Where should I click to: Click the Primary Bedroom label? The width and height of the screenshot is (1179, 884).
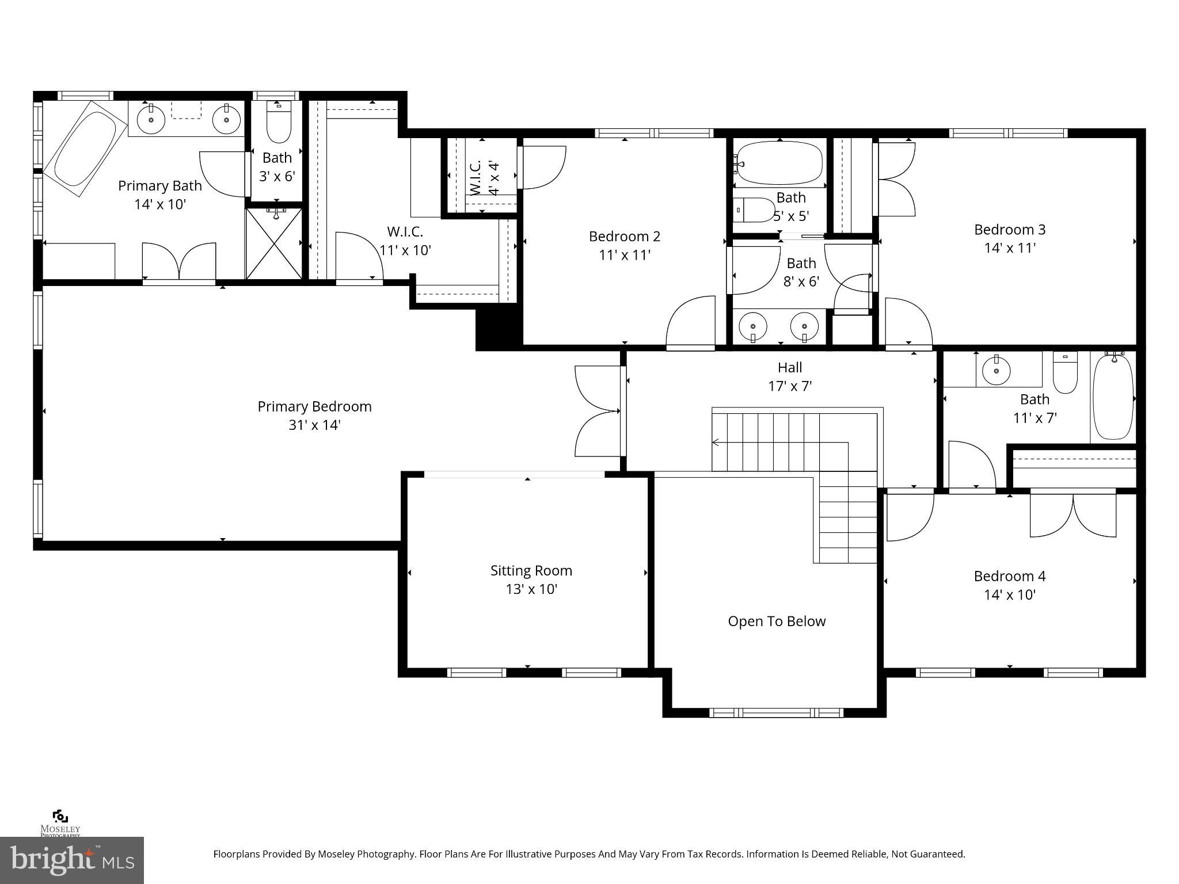coord(314,406)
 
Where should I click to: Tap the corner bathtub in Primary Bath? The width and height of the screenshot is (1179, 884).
coord(85,148)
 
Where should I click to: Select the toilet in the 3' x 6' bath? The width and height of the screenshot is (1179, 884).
coord(279,122)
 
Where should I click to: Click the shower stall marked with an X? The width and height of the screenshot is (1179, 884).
coord(274,245)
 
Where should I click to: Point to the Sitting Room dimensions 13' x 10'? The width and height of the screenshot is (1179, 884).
coord(531,589)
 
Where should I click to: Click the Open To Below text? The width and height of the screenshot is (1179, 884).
coord(776,621)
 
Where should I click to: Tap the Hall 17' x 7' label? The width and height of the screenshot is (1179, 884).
coord(789,376)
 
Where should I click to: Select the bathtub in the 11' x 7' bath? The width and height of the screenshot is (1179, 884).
coord(1113,397)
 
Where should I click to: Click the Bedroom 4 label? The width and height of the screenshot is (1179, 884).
coord(1009,576)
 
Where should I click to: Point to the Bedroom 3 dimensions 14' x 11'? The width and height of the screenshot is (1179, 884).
coord(1009,248)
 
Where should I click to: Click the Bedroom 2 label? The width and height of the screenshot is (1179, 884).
coord(624,236)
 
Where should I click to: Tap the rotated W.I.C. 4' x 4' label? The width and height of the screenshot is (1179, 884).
coord(484,178)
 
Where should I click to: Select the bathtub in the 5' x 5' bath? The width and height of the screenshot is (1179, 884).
coord(779,163)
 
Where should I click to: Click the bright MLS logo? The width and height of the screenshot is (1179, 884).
coord(71,860)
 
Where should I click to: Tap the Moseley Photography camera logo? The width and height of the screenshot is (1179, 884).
coord(60,817)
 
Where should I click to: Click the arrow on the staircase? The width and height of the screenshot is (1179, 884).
coord(717,443)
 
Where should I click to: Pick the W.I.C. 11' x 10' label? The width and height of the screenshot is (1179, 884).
coord(405,241)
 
